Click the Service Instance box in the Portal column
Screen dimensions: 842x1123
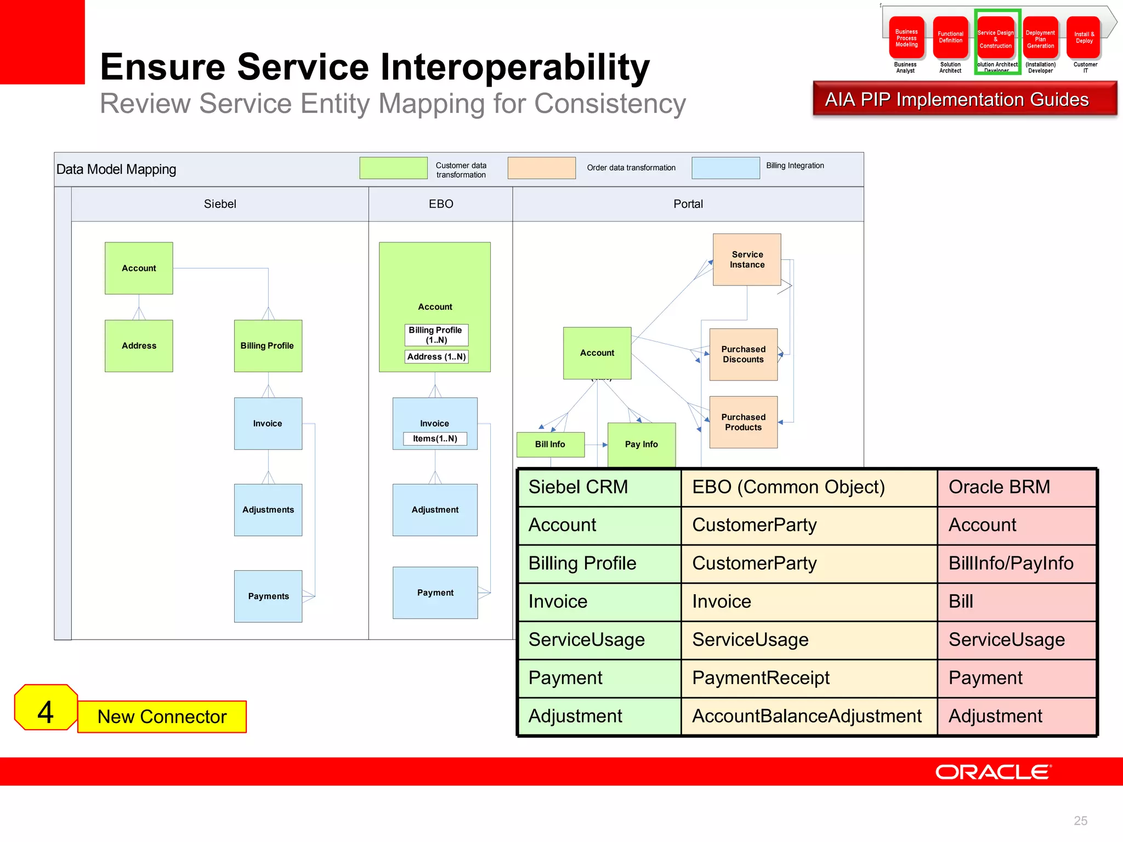tap(746, 259)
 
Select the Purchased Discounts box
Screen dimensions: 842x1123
tap(743, 354)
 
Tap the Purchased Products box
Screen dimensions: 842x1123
tap(743, 422)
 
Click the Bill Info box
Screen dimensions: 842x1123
tap(550, 444)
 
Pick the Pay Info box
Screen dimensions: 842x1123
tap(641, 444)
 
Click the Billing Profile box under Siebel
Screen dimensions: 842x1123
tap(268, 345)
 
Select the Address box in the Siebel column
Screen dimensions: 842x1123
tap(139, 345)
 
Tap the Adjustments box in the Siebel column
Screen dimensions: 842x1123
tap(268, 509)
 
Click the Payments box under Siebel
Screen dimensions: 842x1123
tap(268, 596)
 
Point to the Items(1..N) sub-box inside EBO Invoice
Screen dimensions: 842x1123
tap(435, 439)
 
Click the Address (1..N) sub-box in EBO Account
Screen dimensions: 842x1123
tap(436, 357)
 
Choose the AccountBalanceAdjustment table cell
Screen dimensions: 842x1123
tap(807, 716)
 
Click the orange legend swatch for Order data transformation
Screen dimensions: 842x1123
tap(541, 168)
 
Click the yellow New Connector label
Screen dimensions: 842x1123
tap(162, 716)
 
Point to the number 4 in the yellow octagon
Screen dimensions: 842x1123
tap(46, 712)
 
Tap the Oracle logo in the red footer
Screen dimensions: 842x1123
tap(993, 772)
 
